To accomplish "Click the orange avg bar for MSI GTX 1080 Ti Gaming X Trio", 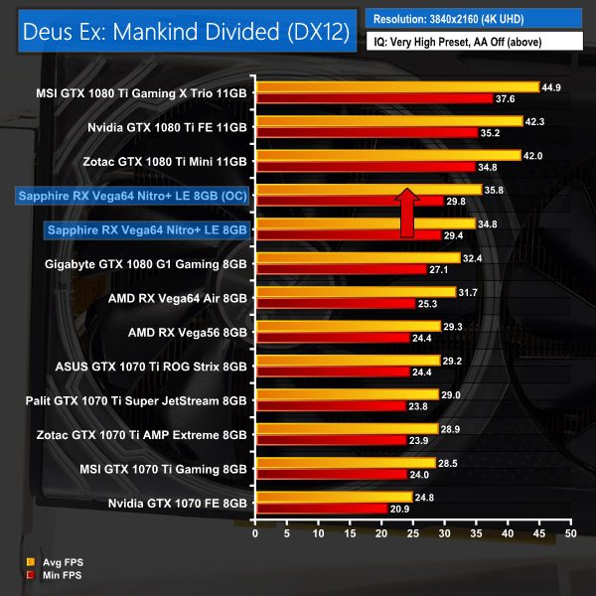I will coord(397,86).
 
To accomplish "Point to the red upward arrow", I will coord(406,212).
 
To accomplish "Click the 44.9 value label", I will coord(552,86).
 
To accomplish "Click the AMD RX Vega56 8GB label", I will coord(188,332).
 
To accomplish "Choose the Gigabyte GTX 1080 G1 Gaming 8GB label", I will coord(146,264).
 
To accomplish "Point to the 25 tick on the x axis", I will coord(413,533).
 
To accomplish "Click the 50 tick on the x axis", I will coord(570,533).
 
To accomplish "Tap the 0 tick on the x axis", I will coord(256,533).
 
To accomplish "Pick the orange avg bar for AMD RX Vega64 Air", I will coord(356,292).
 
